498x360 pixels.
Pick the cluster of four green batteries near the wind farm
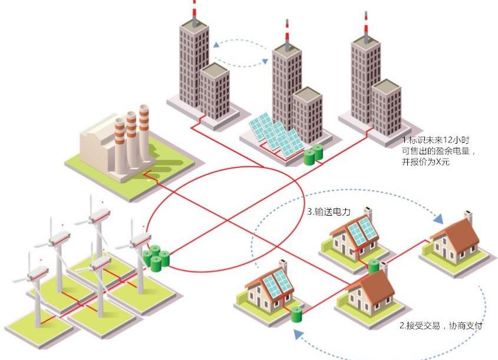(156, 258)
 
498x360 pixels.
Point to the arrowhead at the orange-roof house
(437, 219)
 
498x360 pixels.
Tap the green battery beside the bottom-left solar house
(296, 313)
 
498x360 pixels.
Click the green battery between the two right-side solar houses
(374, 266)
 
